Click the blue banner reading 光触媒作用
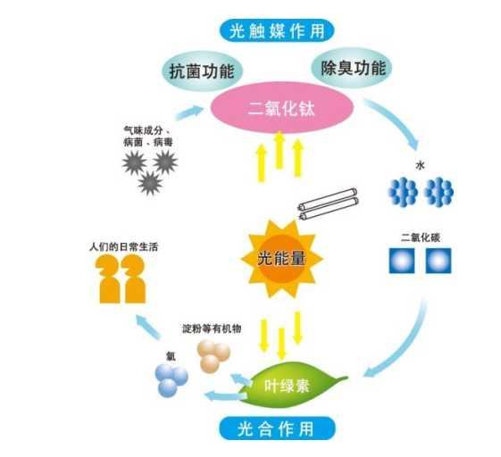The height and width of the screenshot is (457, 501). [x=277, y=31]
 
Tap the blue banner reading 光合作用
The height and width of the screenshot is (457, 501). [x=277, y=428]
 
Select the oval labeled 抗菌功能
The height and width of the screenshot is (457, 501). [x=202, y=71]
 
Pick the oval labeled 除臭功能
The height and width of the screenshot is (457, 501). [x=352, y=68]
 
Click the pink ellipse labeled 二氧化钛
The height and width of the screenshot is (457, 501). [x=282, y=108]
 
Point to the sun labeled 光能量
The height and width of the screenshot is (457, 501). [x=282, y=259]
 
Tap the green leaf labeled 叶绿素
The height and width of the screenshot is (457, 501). [x=291, y=385]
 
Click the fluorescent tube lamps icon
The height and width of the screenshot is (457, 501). [x=329, y=204]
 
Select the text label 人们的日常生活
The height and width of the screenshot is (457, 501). [x=123, y=247]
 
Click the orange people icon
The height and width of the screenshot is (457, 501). [x=121, y=279]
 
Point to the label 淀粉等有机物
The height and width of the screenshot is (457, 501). [x=211, y=328]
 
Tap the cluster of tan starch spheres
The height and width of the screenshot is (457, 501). [x=213, y=356]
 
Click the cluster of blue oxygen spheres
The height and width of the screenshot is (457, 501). [x=171, y=380]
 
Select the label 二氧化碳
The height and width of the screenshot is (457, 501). [x=420, y=237]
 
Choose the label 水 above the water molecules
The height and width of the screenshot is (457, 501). [x=420, y=165]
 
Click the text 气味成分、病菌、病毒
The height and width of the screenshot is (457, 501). [x=147, y=137]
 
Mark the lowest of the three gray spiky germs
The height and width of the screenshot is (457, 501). [x=150, y=184]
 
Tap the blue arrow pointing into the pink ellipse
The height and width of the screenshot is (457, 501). [x=189, y=112]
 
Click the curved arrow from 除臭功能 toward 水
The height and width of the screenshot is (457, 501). [x=397, y=120]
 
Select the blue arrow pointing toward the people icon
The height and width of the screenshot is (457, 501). [x=147, y=327]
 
